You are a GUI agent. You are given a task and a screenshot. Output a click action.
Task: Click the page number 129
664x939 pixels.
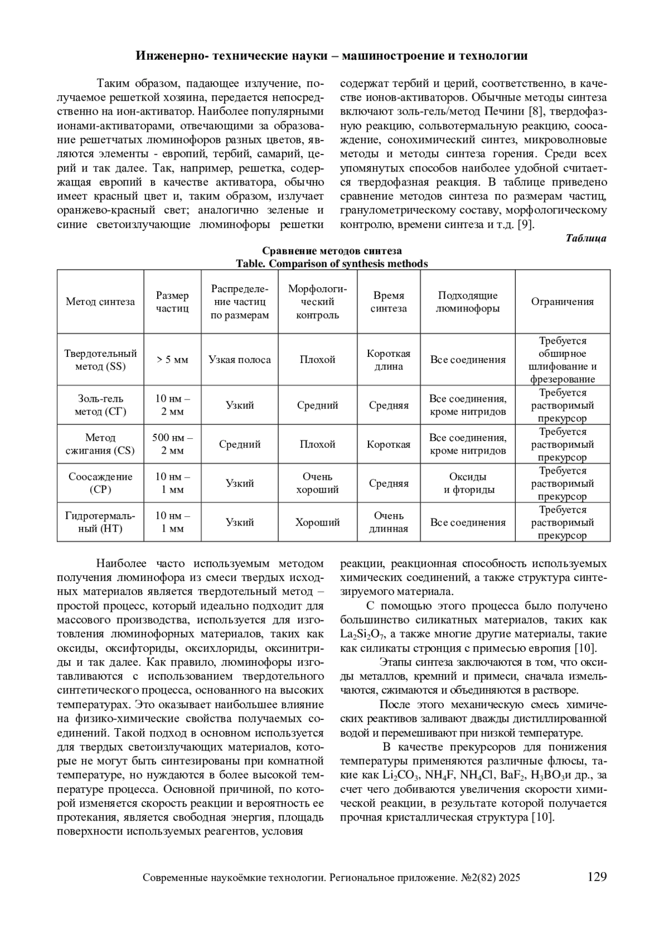[x=597, y=877]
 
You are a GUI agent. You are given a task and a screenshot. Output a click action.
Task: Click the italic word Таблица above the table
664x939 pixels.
[x=586, y=238]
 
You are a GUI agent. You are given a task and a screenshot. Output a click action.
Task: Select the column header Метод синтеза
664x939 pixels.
[x=100, y=302]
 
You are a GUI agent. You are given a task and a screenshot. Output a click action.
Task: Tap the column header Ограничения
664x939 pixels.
[x=562, y=302]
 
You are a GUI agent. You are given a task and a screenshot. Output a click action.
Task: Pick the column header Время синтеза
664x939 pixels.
[x=388, y=302]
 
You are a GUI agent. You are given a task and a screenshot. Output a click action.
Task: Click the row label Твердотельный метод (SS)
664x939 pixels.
[x=100, y=360]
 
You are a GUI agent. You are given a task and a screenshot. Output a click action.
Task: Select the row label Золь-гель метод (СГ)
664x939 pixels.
[x=100, y=405]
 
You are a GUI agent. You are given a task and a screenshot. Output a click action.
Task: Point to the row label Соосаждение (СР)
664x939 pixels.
[x=100, y=483]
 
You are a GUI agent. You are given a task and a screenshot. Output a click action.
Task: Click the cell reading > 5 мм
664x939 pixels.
[x=172, y=360]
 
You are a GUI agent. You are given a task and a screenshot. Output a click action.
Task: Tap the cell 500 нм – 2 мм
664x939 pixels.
[x=172, y=444]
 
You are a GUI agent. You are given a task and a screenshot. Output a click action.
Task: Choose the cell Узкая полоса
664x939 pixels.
[x=240, y=360]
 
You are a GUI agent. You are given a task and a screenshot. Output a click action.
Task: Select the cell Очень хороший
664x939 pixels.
[x=318, y=483]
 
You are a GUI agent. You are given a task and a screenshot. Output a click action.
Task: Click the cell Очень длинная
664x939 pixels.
[x=388, y=522]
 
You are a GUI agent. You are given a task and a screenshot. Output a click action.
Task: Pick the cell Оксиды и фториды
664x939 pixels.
[x=468, y=483]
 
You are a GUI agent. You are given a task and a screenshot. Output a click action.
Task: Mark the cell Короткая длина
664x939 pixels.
[x=388, y=360]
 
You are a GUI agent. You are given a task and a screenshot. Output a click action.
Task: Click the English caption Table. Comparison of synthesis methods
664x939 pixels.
[x=331, y=264]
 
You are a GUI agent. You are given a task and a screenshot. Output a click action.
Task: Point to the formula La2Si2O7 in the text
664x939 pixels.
[x=362, y=635]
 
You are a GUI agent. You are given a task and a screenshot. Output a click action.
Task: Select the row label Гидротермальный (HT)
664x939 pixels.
[x=100, y=522]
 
